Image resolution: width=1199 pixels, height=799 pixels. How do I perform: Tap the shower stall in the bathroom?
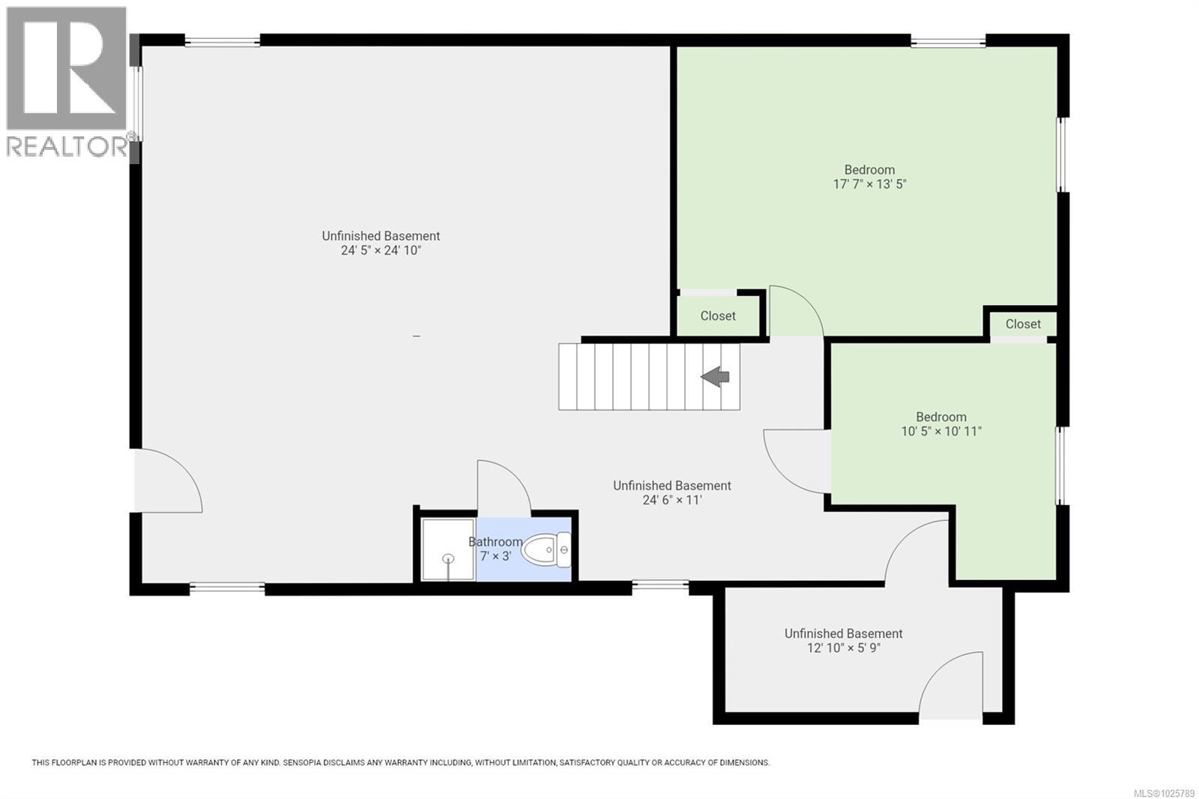(447, 549)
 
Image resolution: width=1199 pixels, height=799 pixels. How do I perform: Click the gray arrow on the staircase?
(716, 376)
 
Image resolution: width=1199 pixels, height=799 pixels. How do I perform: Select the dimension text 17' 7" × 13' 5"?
(869, 184)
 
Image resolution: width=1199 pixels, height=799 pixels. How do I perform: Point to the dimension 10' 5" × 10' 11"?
(941, 432)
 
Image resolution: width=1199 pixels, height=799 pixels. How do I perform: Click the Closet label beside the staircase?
(718, 316)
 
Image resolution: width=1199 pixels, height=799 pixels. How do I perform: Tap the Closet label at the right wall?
(1023, 325)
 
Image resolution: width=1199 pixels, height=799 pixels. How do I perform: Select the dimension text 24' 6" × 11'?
(672, 500)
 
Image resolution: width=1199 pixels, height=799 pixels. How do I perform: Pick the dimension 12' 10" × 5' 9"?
(843, 648)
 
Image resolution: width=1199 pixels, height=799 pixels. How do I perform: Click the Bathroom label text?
(495, 542)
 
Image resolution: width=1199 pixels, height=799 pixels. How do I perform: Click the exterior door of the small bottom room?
(950, 686)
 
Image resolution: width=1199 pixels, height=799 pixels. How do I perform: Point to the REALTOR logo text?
(67, 147)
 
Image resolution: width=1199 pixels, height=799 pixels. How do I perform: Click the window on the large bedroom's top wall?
(948, 42)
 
